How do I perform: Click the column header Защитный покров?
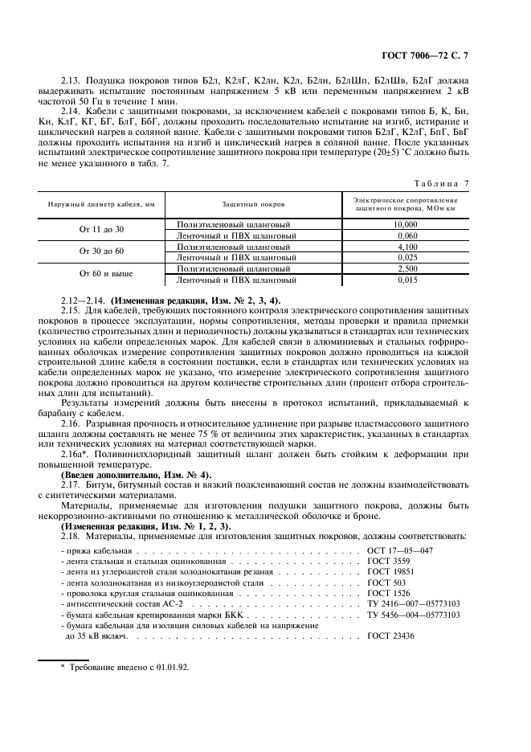click(x=253, y=205)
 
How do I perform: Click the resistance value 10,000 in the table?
click(x=406, y=224)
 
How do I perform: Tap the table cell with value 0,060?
click(x=406, y=235)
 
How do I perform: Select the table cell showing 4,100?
click(x=406, y=247)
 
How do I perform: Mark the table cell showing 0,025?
click(x=406, y=257)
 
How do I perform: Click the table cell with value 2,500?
click(x=406, y=268)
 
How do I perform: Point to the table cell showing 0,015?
click(x=406, y=280)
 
